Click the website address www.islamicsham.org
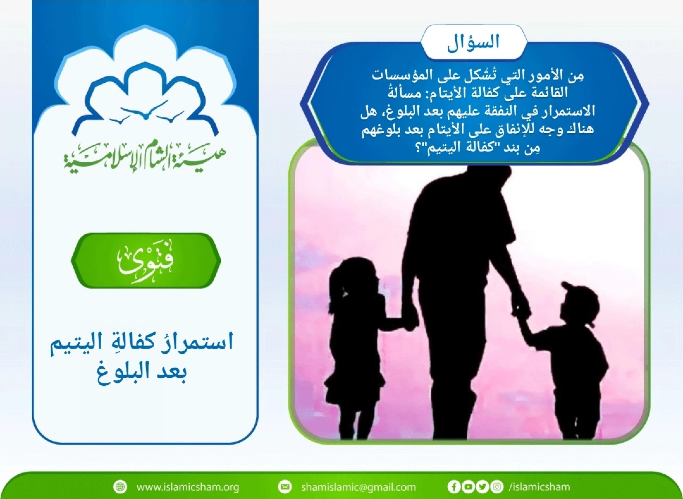pos(188,487)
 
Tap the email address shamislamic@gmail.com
pos(358,487)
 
